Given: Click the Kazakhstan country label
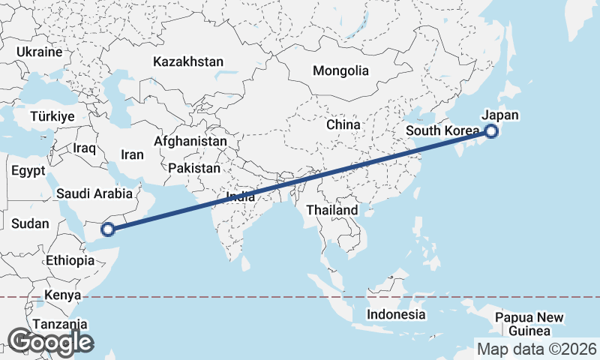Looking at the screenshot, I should coord(187,61).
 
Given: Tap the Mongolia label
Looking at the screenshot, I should coord(341,71).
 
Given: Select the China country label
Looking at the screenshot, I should coord(343,124).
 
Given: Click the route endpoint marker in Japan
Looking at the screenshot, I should coord(491,132).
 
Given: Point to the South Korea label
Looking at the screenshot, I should coord(442,131).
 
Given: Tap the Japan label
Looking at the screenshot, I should coord(500,115).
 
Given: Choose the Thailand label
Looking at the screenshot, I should coord(331,210).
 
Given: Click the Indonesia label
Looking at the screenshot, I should coord(396,314).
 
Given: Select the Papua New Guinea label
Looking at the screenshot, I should coord(529,324).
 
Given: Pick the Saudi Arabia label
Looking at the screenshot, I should coord(94,194).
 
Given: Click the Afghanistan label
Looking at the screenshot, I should coord(190,141).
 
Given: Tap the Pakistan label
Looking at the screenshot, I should coord(194,168).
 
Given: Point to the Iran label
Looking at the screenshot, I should coord(132,154).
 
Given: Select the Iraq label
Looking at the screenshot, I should coord(85,148).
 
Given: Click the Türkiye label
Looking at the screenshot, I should coord(52,116).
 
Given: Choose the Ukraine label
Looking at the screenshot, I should coord(38,52).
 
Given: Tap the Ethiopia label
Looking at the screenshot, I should coord(70,261).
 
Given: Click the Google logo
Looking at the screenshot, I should coord(50,342).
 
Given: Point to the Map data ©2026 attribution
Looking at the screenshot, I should coord(536,349).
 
